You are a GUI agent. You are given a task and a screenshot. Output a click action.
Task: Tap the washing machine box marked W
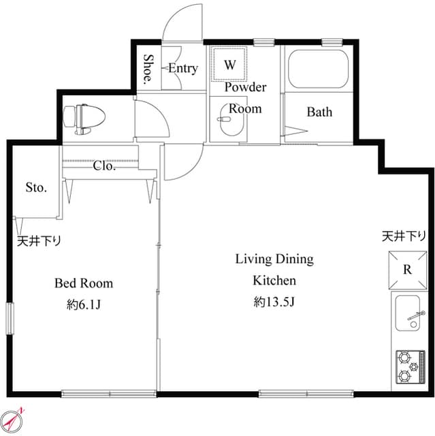click(230, 65)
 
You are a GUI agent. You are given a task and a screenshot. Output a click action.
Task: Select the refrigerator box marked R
click(407, 269)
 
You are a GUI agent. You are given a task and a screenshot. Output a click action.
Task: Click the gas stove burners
click(408, 367)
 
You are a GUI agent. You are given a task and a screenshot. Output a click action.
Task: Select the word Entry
click(182, 68)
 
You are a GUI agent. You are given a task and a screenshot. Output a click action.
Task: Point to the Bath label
click(319, 112)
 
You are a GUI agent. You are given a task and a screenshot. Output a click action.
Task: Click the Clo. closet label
click(103, 166)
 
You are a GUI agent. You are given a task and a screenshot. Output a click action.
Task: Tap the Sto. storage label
click(36, 187)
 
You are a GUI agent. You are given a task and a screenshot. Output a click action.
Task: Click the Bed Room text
click(84, 283)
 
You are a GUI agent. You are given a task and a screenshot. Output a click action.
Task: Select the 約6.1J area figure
click(84, 305)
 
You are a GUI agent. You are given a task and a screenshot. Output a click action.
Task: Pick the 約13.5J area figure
click(274, 302)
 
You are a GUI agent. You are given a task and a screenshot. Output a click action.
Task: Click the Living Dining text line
click(274, 259)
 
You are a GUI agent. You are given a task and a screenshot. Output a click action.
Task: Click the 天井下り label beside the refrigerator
click(404, 236)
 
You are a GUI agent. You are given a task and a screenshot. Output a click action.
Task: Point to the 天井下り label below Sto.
click(39, 240)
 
